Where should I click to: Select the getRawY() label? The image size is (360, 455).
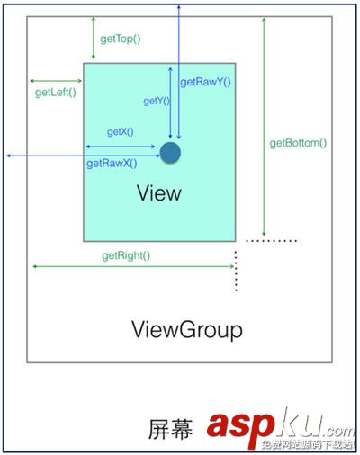(x=206, y=82)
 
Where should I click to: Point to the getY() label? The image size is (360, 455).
(x=157, y=102)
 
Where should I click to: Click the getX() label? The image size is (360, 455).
(x=120, y=132)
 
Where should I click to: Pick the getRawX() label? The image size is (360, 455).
(x=112, y=164)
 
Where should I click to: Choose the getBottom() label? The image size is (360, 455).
(x=298, y=142)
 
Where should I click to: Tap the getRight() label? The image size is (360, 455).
(x=126, y=255)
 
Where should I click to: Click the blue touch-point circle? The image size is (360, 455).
(x=169, y=152)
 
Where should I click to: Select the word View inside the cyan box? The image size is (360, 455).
(x=159, y=193)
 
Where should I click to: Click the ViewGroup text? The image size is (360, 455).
(x=187, y=329)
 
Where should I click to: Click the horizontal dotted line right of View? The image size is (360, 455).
(x=271, y=241)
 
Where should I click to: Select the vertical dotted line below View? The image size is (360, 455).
(x=236, y=271)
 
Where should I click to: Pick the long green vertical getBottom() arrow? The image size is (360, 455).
(x=263, y=126)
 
